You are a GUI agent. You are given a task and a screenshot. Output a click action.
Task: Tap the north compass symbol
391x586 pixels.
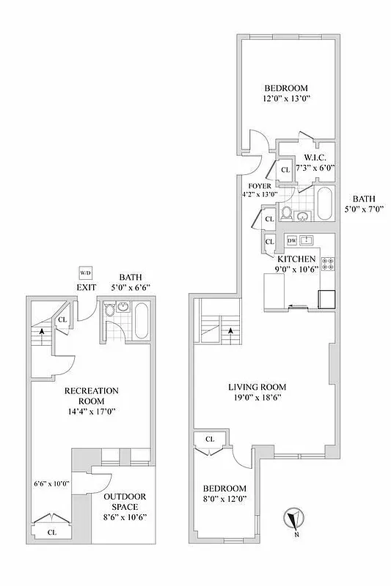[x=293, y=519]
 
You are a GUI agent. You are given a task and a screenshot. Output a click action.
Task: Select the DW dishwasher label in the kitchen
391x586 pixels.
[x=291, y=241]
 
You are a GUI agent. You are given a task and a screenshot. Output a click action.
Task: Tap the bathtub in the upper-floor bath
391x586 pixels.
[x=324, y=204]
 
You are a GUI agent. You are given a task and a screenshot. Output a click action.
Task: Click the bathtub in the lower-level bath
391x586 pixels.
[x=142, y=322]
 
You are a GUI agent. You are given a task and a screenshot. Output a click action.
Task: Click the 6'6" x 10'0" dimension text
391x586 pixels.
[x=51, y=483]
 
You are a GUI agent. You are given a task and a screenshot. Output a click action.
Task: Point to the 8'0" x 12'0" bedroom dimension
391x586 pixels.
[x=224, y=499]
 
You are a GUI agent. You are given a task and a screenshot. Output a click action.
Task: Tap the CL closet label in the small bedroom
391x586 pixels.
[x=210, y=439]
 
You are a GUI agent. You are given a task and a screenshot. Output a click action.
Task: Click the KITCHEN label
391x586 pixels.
[x=296, y=259]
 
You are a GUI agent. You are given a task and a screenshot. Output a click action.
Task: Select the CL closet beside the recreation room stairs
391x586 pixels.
[x=62, y=319]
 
